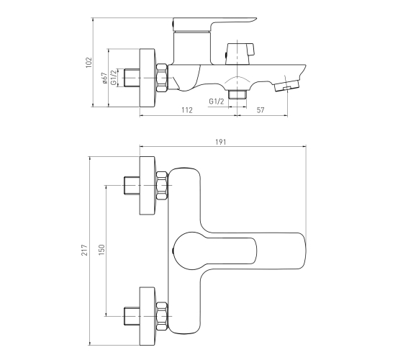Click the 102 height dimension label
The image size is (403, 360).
(x=89, y=63)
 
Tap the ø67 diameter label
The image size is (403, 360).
(x=104, y=78)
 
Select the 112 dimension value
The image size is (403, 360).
(x=187, y=110)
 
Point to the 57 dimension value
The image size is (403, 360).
(x=261, y=110)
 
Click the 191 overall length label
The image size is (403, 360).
(x=220, y=142)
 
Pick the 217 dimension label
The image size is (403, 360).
(x=85, y=250)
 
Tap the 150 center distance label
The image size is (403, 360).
(x=101, y=250)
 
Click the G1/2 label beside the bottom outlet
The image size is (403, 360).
(x=217, y=102)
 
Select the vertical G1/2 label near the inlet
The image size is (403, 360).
(x=114, y=78)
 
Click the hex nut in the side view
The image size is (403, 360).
(x=162, y=78)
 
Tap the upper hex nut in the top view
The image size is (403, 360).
(x=162, y=185)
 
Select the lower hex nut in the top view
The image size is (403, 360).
(x=162, y=316)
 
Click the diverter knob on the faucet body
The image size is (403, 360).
(x=240, y=54)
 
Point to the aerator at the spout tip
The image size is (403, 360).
(x=286, y=86)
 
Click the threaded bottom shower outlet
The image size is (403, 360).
(x=237, y=94)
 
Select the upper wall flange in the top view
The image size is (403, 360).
(x=148, y=186)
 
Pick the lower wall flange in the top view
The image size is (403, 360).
(x=148, y=316)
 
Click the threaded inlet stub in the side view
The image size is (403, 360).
(x=132, y=78)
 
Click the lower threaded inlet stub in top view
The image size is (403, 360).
(x=132, y=316)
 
